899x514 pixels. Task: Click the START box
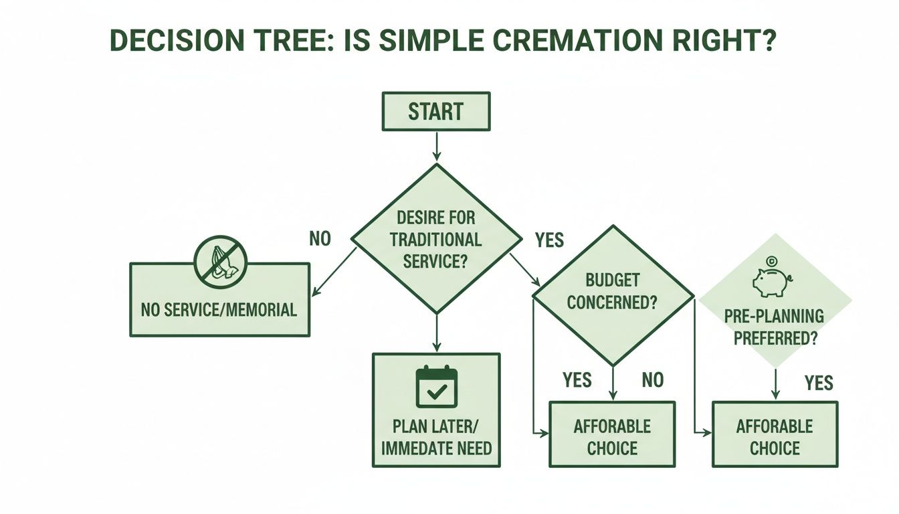pos(435,111)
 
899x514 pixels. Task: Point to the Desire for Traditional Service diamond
pos(435,238)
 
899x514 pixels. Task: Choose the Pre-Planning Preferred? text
pos(774,327)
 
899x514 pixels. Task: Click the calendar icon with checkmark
pos(436,387)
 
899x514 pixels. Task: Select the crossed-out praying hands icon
pos(220,262)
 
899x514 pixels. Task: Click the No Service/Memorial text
pos(219,310)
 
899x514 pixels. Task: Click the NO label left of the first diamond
pos(320,238)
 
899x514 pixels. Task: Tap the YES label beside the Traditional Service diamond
pos(549,240)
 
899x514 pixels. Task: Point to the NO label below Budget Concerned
pos(652,380)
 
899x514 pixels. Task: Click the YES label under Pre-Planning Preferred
pos(818,383)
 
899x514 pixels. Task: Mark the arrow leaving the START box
pos(436,146)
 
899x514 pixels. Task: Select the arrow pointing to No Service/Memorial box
pos(334,272)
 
